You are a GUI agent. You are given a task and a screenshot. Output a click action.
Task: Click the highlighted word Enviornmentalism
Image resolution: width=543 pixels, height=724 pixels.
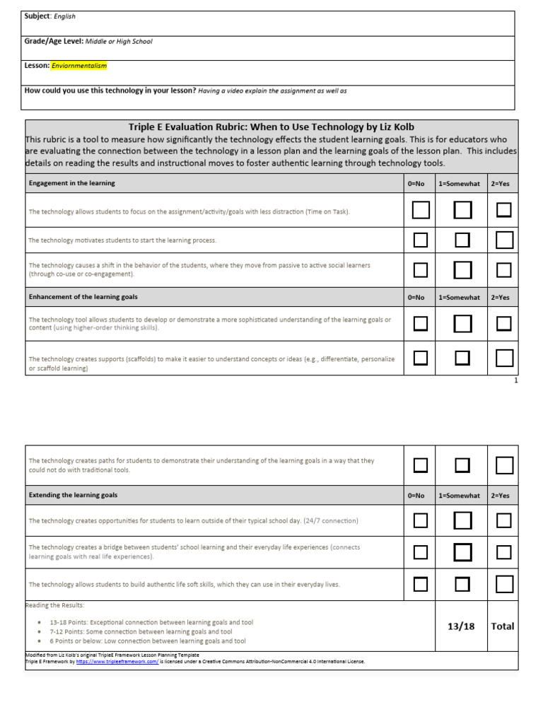(79, 66)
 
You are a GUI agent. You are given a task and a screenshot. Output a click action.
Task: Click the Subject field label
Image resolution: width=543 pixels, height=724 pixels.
(37, 16)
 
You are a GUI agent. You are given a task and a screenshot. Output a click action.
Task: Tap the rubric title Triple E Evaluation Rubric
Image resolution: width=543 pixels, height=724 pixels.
(276, 127)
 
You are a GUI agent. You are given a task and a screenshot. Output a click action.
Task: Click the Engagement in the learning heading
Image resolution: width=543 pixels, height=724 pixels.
(71, 183)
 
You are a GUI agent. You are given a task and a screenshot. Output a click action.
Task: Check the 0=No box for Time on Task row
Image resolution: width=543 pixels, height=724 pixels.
(421, 210)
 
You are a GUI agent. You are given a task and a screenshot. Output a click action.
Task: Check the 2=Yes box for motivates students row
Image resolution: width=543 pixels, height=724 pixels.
(505, 240)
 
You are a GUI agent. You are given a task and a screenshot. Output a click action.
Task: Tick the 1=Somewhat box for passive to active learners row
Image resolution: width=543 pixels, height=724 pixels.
(462, 270)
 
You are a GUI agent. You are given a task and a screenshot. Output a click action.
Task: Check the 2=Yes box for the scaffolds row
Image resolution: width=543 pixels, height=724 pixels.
(505, 358)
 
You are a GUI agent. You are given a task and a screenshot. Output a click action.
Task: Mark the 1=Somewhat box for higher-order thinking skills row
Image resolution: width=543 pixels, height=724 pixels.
(462, 324)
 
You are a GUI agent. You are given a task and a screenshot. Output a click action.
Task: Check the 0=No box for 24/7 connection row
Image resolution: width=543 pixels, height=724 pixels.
(421, 520)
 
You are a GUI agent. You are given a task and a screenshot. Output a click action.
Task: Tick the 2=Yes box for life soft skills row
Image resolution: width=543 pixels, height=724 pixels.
(505, 584)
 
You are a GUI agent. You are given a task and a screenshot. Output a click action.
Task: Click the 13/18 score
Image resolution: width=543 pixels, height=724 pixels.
(461, 626)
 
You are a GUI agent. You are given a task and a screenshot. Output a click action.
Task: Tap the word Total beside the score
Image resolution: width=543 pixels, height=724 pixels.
(503, 626)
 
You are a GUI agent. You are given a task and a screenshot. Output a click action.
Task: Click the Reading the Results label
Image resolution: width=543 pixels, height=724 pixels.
(54, 605)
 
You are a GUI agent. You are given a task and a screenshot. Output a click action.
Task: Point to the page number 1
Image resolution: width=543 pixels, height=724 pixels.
(516, 380)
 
